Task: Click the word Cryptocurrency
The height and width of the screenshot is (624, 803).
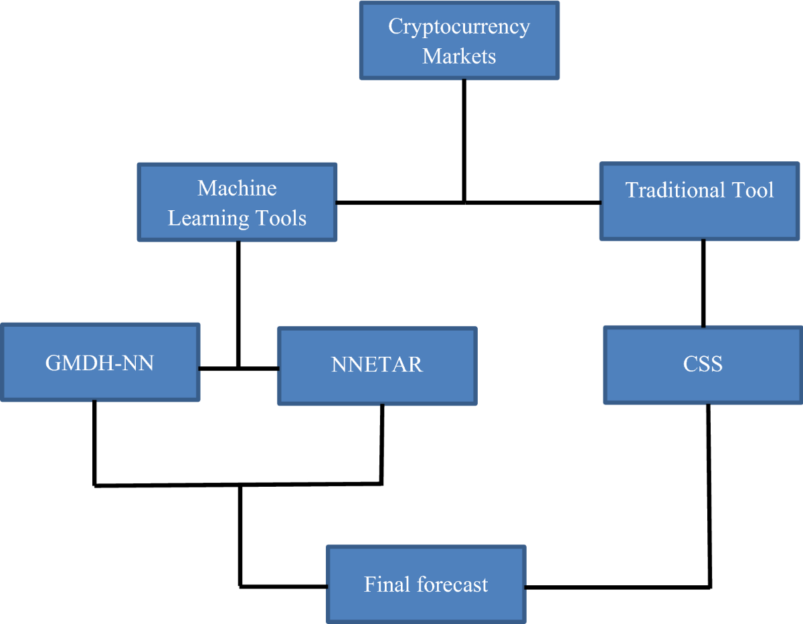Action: (x=459, y=27)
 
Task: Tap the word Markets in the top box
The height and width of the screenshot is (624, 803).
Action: (x=459, y=56)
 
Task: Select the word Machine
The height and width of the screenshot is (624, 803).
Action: (x=237, y=188)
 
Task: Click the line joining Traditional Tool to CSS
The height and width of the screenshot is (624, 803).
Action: (x=703, y=283)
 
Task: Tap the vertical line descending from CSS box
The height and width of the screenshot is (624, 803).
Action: (x=709, y=495)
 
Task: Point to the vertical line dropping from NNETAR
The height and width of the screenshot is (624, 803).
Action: (x=382, y=443)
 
